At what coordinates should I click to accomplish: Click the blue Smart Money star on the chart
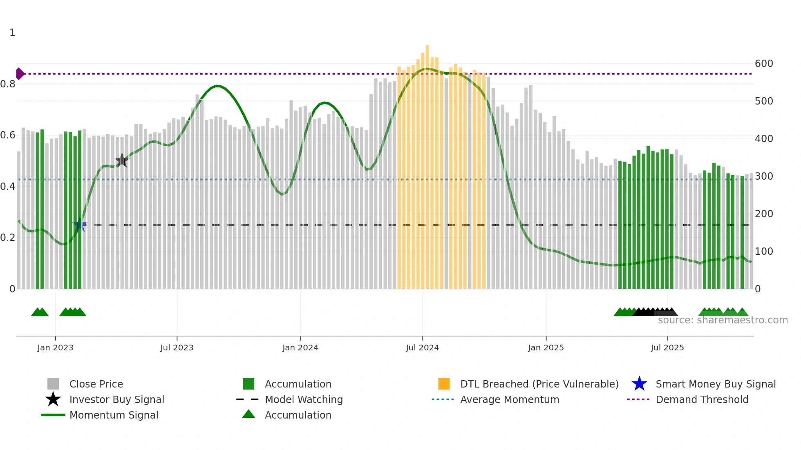[x=80, y=225]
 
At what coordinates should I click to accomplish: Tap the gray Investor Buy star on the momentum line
[x=122, y=160]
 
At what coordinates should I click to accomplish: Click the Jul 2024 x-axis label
[x=422, y=348]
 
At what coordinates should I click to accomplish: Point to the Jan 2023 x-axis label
[x=55, y=348]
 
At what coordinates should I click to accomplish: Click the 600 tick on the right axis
[x=764, y=64]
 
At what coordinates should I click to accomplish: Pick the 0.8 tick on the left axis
[x=8, y=84]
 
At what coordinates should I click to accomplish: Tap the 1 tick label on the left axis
[x=12, y=33]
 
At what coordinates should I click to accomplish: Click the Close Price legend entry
[x=96, y=384]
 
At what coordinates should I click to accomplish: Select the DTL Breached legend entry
[x=539, y=384]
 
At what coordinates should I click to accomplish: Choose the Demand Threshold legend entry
[x=702, y=399]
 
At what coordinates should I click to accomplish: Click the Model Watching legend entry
[x=303, y=399]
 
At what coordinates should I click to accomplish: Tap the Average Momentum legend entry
[x=509, y=399]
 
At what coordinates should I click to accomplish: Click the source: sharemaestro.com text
[x=723, y=320]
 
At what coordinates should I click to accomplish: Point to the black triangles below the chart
[x=654, y=312]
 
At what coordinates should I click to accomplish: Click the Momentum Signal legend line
[x=53, y=415]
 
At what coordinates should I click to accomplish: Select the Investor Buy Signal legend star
[x=53, y=399]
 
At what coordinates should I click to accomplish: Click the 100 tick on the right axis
[x=764, y=252]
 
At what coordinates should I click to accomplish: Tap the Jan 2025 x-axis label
[x=546, y=348]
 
